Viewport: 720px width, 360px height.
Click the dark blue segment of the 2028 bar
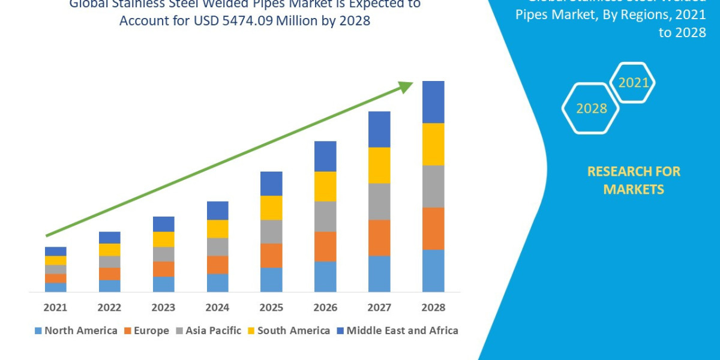(x=433, y=102)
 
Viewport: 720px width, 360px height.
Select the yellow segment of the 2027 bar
(x=379, y=165)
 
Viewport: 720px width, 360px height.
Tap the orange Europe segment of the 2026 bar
(x=325, y=246)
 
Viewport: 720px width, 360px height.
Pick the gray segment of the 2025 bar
(x=271, y=232)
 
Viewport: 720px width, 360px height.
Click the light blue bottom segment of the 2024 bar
(x=217, y=283)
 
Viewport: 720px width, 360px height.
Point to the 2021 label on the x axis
(x=55, y=307)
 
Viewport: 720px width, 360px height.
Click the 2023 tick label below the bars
(x=163, y=307)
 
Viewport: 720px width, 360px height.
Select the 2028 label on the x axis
(x=433, y=307)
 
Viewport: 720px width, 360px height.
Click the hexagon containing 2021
(x=633, y=83)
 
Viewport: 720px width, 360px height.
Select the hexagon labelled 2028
(x=591, y=109)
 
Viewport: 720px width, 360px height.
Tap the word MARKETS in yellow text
(x=634, y=190)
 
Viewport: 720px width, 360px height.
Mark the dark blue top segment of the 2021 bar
(x=55, y=251)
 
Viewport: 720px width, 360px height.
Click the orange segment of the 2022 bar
(x=109, y=274)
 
